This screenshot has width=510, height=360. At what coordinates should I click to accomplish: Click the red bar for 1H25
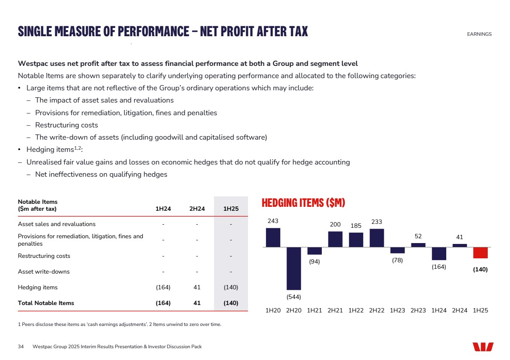[480, 253]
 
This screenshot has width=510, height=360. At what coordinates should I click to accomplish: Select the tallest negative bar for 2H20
[294, 268]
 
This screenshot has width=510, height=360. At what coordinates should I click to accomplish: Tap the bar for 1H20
[273, 237]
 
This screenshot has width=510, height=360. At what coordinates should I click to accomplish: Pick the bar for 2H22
[376, 238]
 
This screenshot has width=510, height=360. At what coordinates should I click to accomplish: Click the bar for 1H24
[439, 254]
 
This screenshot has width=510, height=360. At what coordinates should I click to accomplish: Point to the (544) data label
[294, 297]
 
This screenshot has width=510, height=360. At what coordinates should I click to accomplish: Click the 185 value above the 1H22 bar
[356, 226]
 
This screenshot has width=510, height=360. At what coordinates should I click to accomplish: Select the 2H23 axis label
[418, 310]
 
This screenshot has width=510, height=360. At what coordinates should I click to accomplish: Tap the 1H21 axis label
[314, 310]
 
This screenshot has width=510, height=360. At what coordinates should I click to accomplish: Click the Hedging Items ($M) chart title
[303, 203]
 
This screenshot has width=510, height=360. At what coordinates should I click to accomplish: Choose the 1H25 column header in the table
[231, 209]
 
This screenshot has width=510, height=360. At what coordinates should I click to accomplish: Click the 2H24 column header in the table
[197, 209]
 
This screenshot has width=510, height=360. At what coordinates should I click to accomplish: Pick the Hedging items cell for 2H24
[197, 288]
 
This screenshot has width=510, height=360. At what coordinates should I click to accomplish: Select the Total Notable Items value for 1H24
[163, 303]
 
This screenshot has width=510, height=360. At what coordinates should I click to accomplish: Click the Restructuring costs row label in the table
[44, 256]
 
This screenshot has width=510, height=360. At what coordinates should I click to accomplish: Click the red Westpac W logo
[483, 347]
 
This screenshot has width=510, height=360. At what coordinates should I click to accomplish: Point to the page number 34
[21, 346]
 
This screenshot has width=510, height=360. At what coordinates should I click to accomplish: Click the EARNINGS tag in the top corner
[479, 34]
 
